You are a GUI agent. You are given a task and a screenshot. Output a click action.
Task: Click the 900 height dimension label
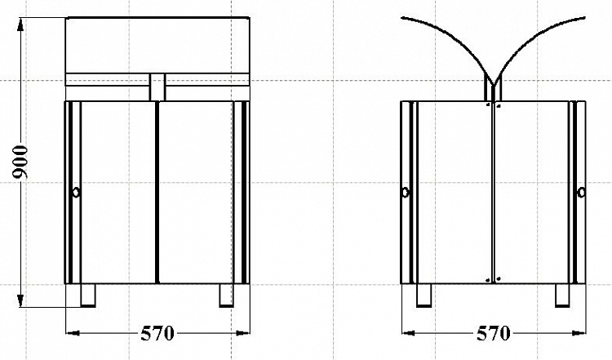[20, 162]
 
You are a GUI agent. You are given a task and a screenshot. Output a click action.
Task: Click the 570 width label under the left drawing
[157, 333]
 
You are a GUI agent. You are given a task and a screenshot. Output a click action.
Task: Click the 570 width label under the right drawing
[494, 333]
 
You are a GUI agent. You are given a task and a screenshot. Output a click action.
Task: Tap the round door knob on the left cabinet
[76, 192]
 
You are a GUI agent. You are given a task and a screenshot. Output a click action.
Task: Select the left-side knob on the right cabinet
[406, 193]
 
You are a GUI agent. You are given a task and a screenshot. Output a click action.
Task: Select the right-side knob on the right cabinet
[581, 193]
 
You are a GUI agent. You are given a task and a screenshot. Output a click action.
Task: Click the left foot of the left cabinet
[88, 296]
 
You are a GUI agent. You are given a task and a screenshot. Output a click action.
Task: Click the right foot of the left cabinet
[226, 296]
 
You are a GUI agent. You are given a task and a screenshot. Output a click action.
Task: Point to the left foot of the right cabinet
[424, 296]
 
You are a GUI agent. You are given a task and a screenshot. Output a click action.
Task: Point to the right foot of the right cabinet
[562, 296]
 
